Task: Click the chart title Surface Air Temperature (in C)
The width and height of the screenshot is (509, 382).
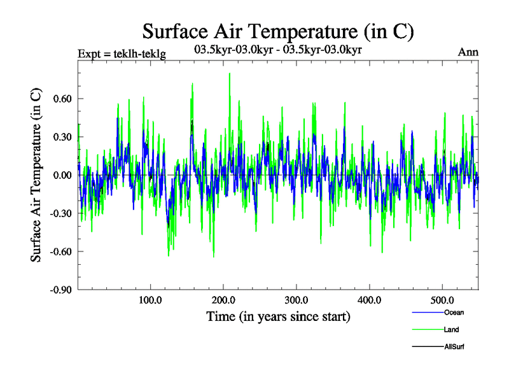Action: click(x=279, y=31)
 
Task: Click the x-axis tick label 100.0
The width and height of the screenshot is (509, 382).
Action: click(x=150, y=300)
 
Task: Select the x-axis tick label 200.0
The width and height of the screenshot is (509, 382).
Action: click(x=223, y=300)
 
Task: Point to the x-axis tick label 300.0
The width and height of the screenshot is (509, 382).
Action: click(x=296, y=300)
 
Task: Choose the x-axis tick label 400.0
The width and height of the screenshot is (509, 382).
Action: click(x=370, y=300)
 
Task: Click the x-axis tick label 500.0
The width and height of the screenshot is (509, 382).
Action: click(x=442, y=300)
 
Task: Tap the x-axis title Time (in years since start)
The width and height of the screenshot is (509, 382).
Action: click(x=278, y=316)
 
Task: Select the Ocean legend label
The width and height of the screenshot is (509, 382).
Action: click(x=454, y=312)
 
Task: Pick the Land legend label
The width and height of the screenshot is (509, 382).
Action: click(x=452, y=329)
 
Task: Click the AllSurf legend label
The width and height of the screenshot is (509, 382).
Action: click(x=455, y=346)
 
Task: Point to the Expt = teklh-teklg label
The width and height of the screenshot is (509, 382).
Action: click(x=122, y=54)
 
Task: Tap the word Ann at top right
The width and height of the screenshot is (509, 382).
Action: click(x=468, y=52)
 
